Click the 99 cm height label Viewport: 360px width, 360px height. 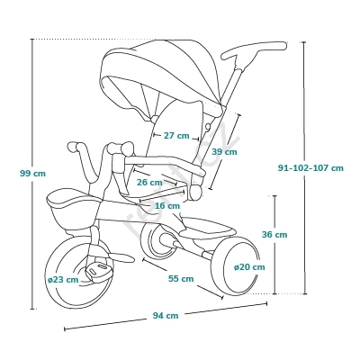(x=33, y=174)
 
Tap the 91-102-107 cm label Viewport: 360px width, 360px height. (x=310, y=168)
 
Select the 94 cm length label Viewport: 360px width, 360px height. (x=166, y=316)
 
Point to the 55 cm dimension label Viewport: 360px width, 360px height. (x=181, y=279)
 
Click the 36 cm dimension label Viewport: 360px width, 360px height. (x=274, y=234)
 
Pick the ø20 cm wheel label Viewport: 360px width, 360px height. (x=249, y=266)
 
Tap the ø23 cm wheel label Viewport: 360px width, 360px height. (x=63, y=280)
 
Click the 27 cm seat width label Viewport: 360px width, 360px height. (x=176, y=136)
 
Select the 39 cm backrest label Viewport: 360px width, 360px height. (x=224, y=152)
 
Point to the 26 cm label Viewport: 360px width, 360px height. (x=149, y=182)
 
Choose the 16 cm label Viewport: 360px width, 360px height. (x=167, y=206)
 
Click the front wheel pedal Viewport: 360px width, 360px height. (x=99, y=270)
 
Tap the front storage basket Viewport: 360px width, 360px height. (x=73, y=210)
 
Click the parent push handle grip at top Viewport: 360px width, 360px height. (x=254, y=49)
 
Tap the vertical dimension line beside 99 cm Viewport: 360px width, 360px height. (x=32, y=174)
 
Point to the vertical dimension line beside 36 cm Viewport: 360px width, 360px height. (x=275, y=245)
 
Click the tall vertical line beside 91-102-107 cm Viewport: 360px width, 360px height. (x=304, y=168)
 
